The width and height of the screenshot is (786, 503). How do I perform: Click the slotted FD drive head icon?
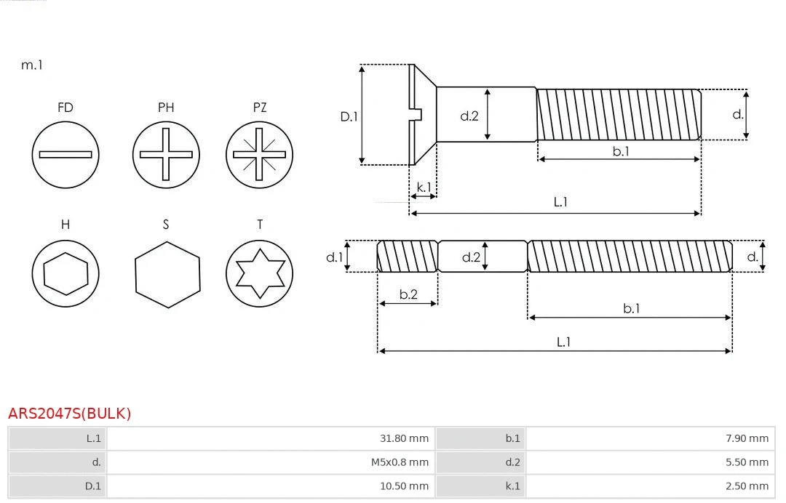65,154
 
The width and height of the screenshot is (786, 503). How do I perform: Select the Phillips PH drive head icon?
166,154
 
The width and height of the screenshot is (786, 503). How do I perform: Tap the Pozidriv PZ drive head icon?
259,154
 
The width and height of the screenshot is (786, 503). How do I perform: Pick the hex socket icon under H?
65,274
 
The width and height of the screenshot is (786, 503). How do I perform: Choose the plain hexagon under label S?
167,274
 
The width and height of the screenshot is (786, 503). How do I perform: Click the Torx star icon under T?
259,274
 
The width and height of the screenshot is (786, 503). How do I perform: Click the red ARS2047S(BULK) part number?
70,414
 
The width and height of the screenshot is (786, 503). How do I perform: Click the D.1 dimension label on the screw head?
349,116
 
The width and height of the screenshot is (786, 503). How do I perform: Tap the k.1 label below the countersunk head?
424,188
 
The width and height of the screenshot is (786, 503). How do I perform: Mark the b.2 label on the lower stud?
408,294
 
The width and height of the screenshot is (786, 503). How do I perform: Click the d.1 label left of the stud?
333,257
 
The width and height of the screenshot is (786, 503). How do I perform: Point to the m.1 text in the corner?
32,65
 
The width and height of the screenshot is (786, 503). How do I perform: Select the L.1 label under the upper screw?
560,202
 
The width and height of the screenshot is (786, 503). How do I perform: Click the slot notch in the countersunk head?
418,114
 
